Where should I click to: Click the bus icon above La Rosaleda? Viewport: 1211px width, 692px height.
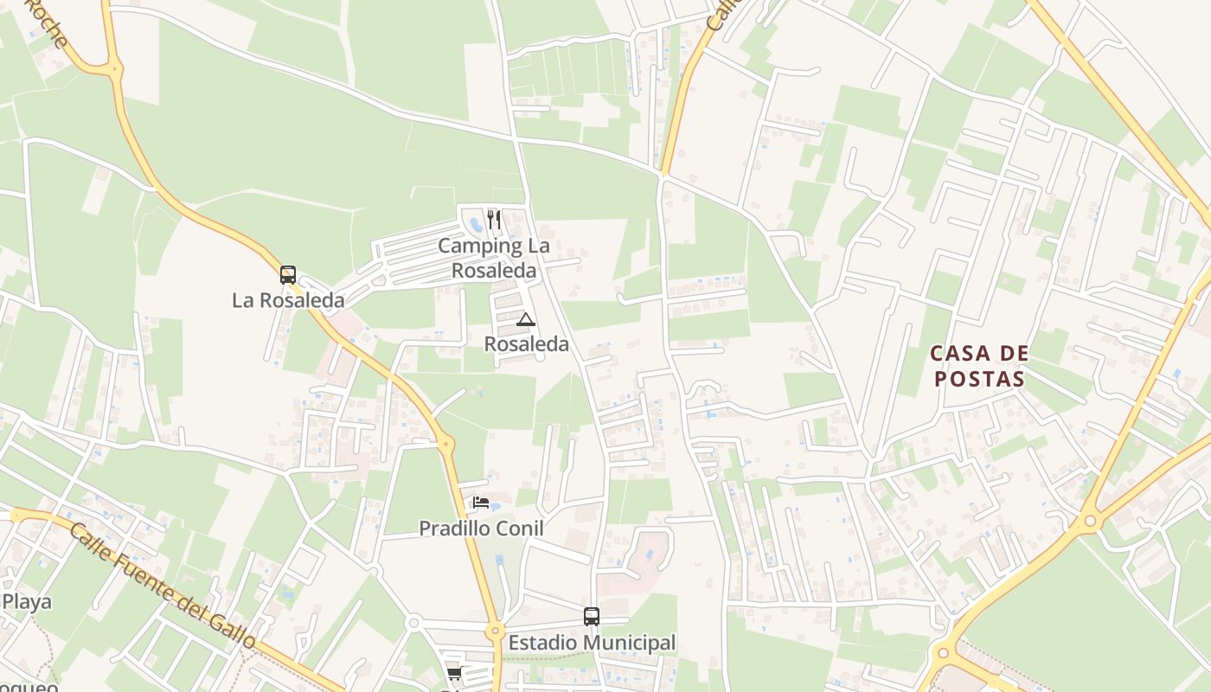click(x=288, y=275)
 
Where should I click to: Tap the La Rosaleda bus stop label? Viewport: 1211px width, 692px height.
click(x=288, y=300)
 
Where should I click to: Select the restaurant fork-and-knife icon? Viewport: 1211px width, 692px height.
click(x=493, y=219)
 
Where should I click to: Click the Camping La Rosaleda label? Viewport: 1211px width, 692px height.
click(x=493, y=258)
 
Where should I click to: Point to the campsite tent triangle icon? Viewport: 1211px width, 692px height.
click(x=525, y=320)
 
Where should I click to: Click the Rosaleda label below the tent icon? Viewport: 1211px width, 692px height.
click(x=526, y=344)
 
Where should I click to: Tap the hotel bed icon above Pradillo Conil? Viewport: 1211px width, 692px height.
click(x=481, y=502)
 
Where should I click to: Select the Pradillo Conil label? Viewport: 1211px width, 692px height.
click(x=481, y=528)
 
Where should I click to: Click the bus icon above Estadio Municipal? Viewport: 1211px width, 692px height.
click(x=592, y=617)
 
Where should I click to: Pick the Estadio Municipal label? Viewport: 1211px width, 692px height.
click(x=592, y=643)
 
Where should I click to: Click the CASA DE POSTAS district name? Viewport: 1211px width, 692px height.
click(x=979, y=366)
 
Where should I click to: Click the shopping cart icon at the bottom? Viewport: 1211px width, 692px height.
click(x=454, y=673)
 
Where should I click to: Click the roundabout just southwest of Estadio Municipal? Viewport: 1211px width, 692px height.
click(x=495, y=631)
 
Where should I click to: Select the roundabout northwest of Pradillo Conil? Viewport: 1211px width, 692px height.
click(x=446, y=445)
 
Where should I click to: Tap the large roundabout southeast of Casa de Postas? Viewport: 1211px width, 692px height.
click(x=1090, y=522)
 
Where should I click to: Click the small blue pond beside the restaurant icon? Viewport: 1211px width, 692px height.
click(x=475, y=226)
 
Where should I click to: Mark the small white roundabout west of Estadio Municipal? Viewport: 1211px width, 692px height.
click(x=413, y=622)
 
